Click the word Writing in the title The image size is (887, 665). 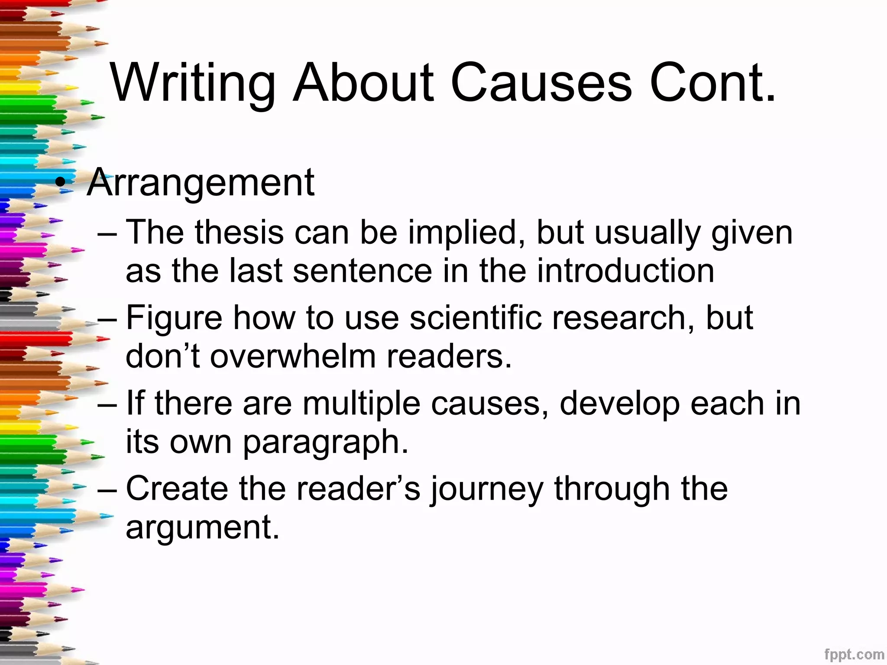click(x=193, y=83)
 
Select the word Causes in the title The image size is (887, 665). click(x=541, y=83)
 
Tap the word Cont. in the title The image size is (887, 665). click(x=712, y=83)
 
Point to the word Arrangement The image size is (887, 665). click(x=201, y=183)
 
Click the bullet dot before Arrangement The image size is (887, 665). click(x=62, y=184)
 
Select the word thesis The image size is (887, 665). click(x=239, y=233)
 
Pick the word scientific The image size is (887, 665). click(x=475, y=318)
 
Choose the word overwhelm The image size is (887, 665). click(x=294, y=356)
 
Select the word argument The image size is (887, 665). click(x=202, y=527)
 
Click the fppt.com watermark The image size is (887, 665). click(x=854, y=654)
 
